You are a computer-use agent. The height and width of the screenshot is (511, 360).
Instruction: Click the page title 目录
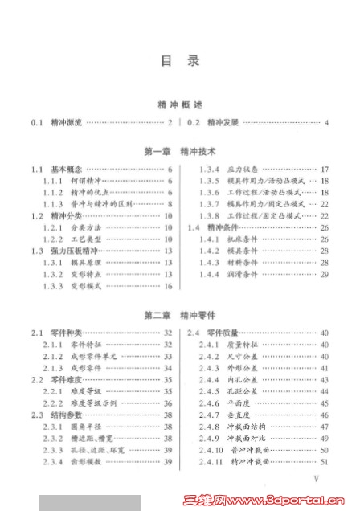pyautogui.click(x=180, y=60)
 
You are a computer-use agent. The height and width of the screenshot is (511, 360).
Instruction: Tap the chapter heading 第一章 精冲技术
pyautogui.click(x=180, y=150)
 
